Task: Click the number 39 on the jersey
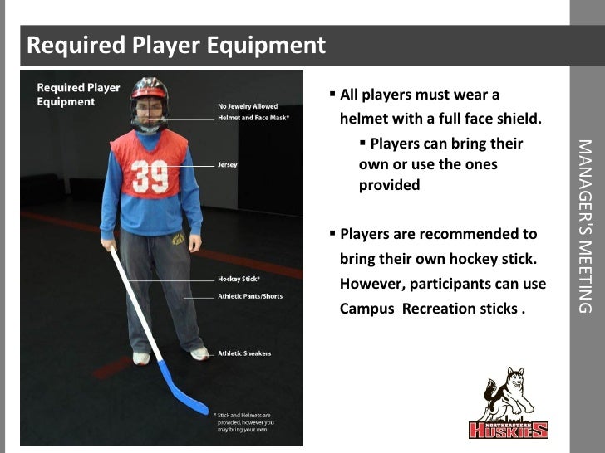tap(150, 176)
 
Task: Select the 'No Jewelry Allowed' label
tap(248, 107)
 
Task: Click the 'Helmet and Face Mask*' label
tap(253, 119)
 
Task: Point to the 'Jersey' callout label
tap(228, 165)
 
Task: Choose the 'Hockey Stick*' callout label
tap(239, 280)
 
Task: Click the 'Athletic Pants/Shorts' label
tap(250, 296)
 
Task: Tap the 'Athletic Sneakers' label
tap(244, 353)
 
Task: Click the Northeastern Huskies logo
tap(508, 404)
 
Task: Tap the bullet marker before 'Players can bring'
tap(363, 143)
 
